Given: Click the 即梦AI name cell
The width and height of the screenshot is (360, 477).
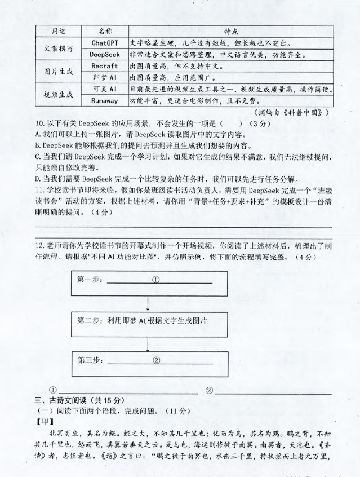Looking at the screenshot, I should pyautogui.click(x=104, y=77).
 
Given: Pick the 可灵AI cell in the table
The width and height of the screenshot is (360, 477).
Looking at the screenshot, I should pyautogui.click(x=104, y=89).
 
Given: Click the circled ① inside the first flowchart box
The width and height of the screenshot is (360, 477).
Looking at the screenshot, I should pyautogui.click(x=156, y=279).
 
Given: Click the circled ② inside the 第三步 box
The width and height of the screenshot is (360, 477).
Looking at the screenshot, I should pyautogui.click(x=157, y=361).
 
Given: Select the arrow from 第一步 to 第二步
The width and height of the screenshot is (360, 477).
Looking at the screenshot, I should pyautogui.click(x=148, y=303).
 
